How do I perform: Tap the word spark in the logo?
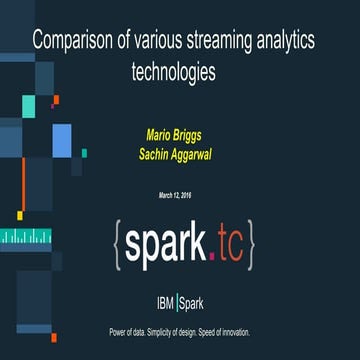click(x=167, y=244)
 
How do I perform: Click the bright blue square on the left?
click(x=62, y=141)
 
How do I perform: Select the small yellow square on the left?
click(x=20, y=214)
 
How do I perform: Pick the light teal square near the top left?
click(x=29, y=106)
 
